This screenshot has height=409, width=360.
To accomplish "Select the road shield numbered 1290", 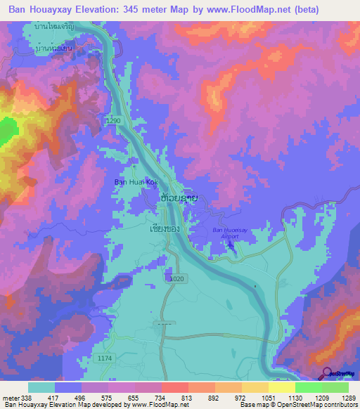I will [115, 122].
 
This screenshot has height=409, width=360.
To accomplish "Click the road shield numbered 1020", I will [178, 279].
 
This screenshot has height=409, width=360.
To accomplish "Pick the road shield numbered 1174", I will [105, 358].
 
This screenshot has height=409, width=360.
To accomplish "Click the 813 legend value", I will [185, 398].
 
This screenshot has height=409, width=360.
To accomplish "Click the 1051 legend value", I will [268, 398].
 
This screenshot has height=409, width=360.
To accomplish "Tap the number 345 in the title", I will [127, 10].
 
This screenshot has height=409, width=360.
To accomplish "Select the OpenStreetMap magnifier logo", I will [326, 373].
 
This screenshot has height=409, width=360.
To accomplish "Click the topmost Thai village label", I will [56, 25].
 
